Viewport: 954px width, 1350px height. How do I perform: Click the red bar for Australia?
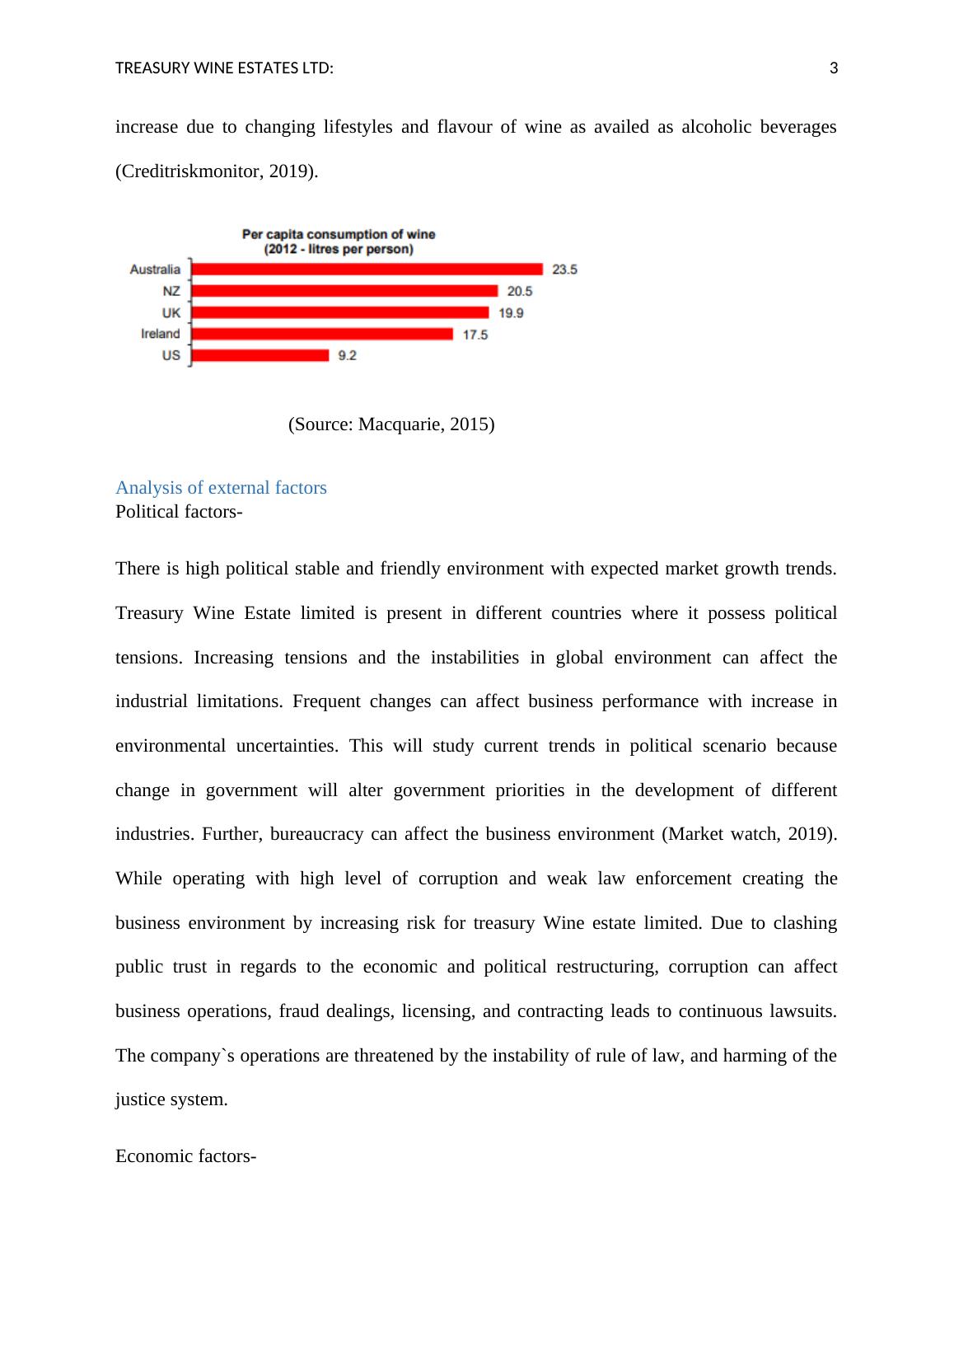point(367,270)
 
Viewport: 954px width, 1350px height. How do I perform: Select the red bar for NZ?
point(344,291)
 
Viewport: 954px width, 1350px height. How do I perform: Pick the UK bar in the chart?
point(339,312)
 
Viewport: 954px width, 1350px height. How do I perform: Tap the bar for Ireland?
point(322,334)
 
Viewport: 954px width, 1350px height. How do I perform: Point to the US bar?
point(260,355)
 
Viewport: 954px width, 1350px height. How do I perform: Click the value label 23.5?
point(564,270)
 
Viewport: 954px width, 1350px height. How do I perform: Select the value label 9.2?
point(347,355)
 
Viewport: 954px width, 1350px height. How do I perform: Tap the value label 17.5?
point(475,335)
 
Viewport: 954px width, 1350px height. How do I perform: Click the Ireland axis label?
point(160,334)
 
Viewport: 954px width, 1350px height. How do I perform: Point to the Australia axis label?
point(155,270)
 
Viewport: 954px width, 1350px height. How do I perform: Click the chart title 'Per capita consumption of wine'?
point(339,235)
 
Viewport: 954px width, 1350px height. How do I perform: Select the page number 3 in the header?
point(833,68)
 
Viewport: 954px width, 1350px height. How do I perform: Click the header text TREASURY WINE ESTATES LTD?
point(224,68)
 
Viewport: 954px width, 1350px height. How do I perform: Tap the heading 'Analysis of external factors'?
point(221,488)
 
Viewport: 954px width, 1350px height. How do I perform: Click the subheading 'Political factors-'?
point(179,512)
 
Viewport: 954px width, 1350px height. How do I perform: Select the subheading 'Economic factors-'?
point(185,1156)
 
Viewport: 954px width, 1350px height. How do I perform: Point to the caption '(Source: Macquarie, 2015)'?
point(391,424)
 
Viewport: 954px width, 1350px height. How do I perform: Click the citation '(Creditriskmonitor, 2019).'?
point(217,171)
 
